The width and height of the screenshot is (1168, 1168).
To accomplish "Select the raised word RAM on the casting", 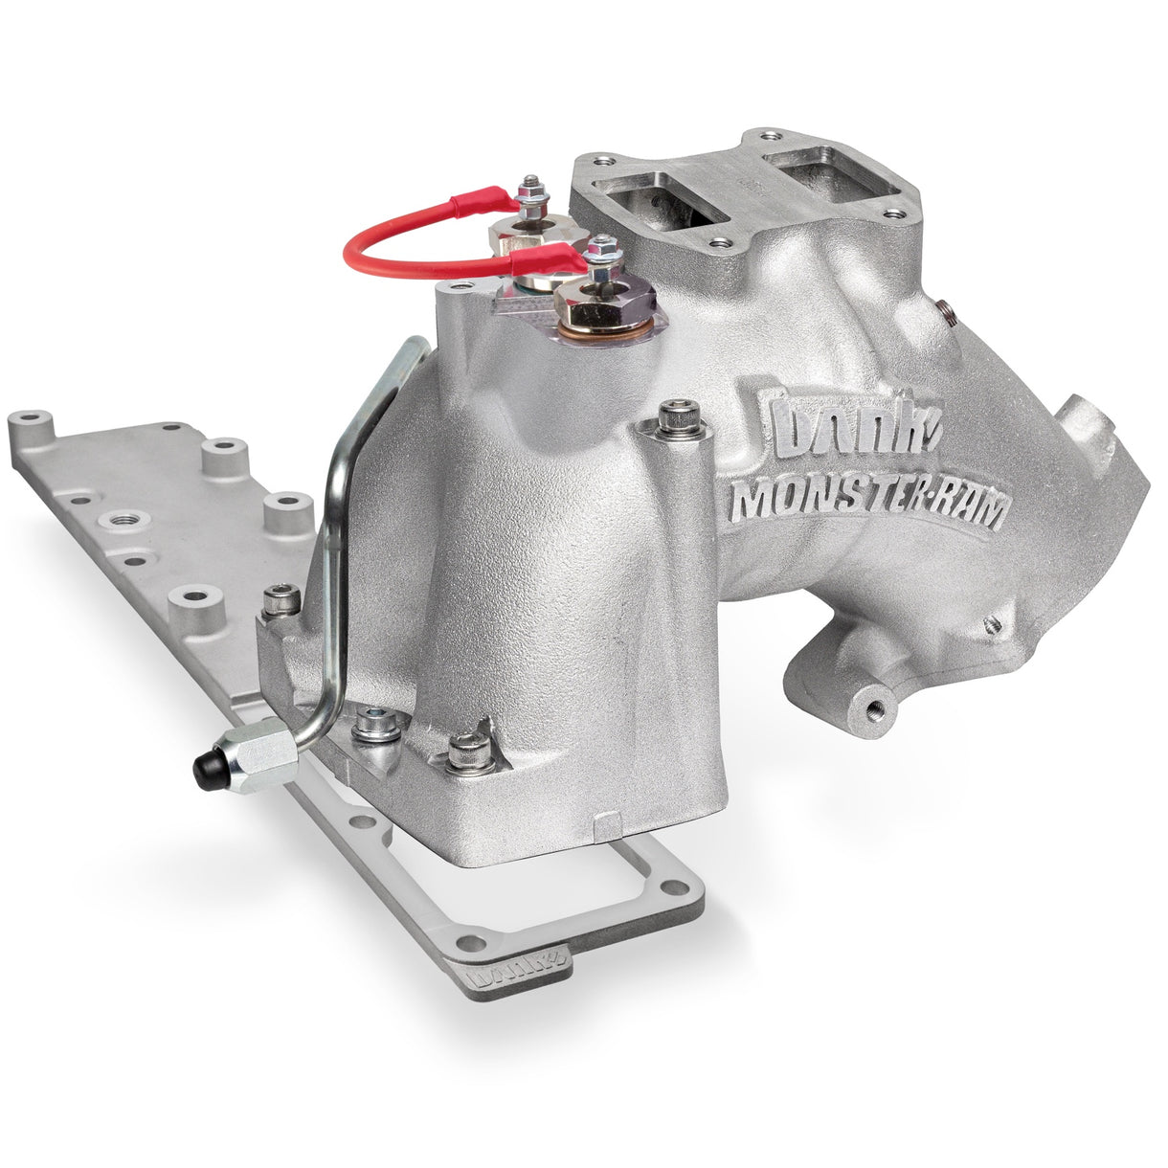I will (963, 512).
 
